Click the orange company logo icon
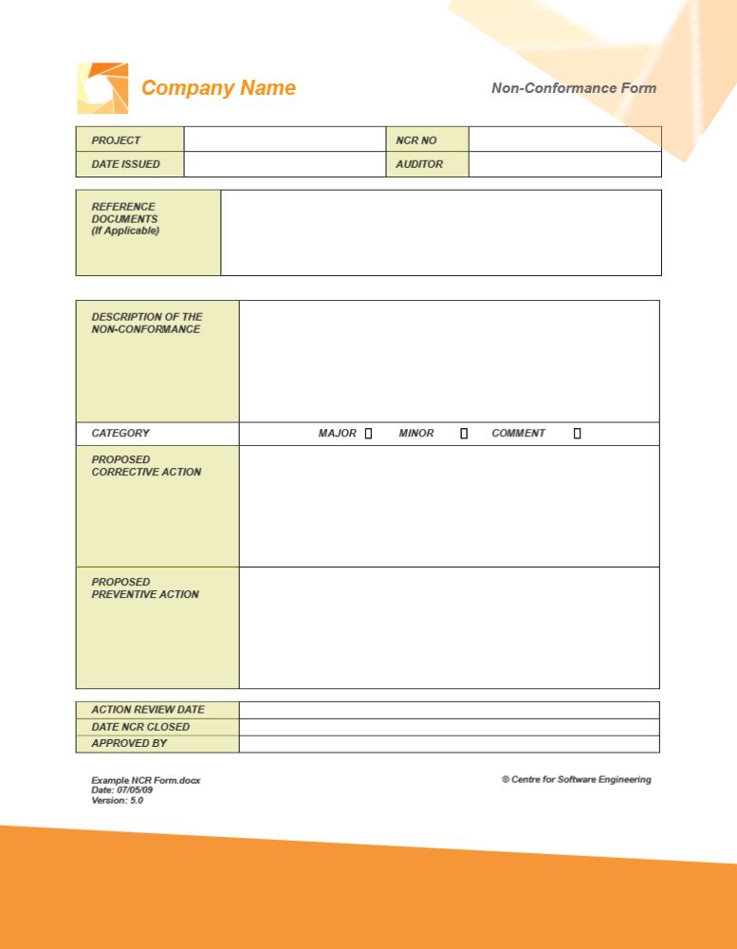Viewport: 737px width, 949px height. coord(101,88)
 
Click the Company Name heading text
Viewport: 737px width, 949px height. coord(218,88)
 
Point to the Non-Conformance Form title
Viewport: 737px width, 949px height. coord(573,88)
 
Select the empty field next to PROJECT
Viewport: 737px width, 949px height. coord(284,140)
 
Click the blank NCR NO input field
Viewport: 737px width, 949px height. coord(564,140)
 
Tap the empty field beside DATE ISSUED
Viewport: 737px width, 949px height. coord(284,164)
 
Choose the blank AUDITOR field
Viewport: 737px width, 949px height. coord(564,164)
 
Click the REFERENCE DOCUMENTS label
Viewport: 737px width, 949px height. coord(124,218)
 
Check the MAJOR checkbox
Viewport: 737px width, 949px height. coord(368,434)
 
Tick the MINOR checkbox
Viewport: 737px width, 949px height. coord(464,434)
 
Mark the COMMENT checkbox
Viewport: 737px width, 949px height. coord(577,434)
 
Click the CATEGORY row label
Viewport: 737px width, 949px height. coord(120,434)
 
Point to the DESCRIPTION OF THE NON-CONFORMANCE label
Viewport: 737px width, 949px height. coord(146,323)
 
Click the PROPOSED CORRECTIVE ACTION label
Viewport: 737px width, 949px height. coord(146,465)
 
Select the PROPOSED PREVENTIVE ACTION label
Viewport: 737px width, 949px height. coord(145,587)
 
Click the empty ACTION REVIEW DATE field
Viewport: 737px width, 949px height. coord(449,710)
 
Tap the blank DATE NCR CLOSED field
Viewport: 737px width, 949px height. coord(449,727)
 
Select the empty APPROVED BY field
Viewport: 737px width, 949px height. coord(449,744)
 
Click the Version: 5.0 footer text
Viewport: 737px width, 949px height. coord(118,800)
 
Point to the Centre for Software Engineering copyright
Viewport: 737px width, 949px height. coord(577,780)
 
